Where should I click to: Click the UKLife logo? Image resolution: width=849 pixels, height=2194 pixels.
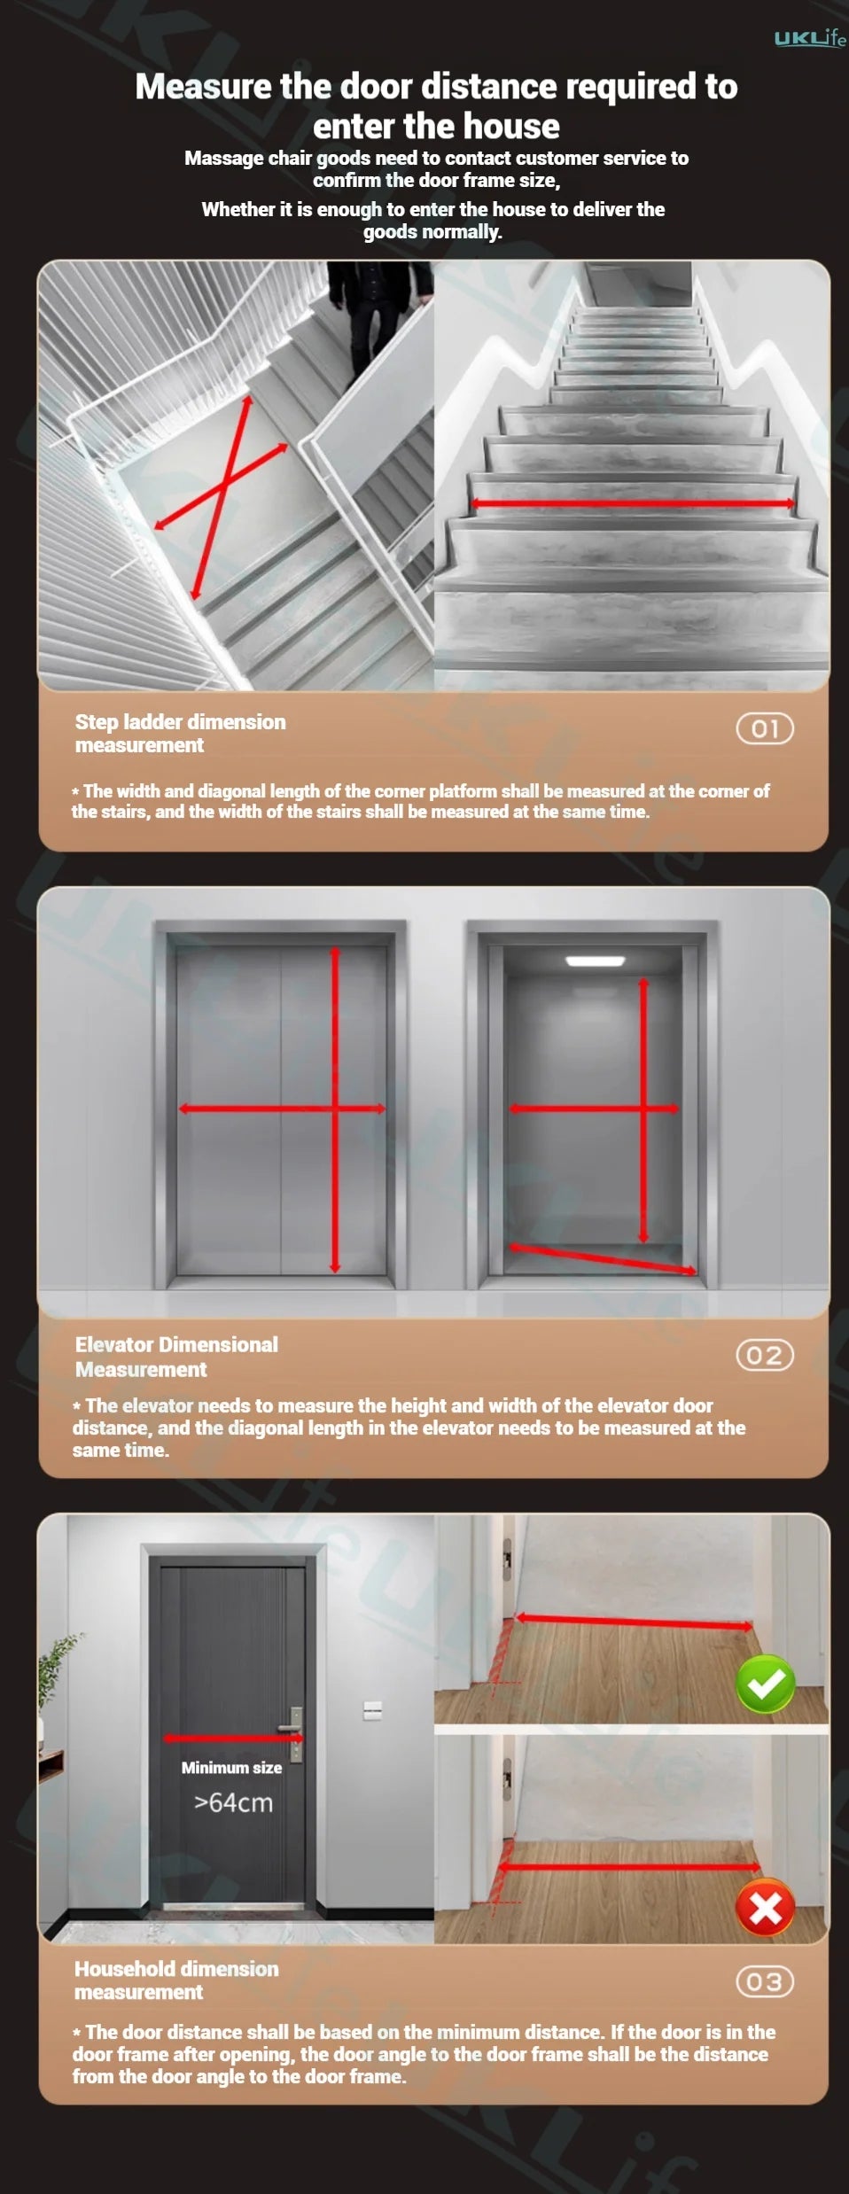point(810,38)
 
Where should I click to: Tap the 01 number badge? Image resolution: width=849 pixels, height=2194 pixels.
point(765,728)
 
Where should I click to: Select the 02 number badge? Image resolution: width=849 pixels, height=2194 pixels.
point(765,1355)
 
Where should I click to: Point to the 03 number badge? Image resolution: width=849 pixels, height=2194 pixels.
point(765,1981)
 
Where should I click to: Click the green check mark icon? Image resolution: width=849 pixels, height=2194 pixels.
point(767,1684)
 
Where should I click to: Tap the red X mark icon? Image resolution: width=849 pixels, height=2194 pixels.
point(767,1908)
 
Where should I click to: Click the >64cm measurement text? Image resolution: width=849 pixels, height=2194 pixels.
point(234,1802)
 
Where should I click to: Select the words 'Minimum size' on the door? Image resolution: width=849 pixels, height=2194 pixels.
point(231,1767)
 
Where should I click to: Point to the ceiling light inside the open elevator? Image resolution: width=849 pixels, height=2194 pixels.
point(596,961)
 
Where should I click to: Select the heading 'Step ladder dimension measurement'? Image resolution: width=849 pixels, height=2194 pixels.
point(180,734)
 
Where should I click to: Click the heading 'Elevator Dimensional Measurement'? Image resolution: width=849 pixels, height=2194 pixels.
point(176,1357)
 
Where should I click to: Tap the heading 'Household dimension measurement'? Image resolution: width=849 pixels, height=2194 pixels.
point(176,1980)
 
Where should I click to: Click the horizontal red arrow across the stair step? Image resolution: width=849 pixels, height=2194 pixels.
point(633,503)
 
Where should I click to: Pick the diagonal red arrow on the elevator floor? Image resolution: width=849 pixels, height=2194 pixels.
point(603,1258)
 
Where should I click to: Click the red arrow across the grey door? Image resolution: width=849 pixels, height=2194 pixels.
point(234,1738)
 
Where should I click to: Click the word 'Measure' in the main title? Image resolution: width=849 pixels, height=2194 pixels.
point(203,87)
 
